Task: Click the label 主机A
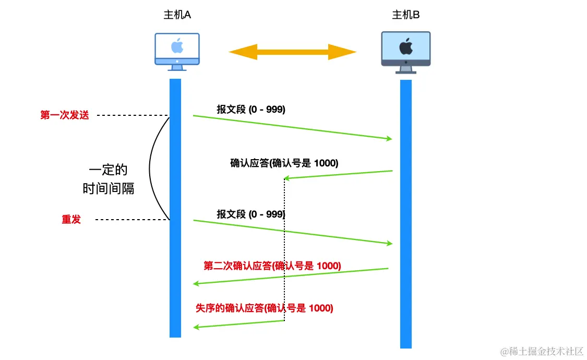pos(177,15)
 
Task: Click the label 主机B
pos(406,15)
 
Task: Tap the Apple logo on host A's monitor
pos(177,46)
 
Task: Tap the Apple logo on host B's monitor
pos(405,47)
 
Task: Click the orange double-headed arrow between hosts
pos(292,52)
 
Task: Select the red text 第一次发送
pos(65,115)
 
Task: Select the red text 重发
pos(71,220)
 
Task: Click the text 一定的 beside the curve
pos(108,171)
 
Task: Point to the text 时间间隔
pos(109,188)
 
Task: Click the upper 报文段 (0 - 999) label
pos(251,110)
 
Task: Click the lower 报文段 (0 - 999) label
pos(251,214)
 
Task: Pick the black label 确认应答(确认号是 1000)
pos(284,163)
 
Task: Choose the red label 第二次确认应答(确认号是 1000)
pos(272,266)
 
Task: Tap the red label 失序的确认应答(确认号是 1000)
pos(264,308)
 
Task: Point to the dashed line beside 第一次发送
pos(132,115)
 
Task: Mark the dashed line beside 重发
pos(132,220)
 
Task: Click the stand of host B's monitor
pos(405,69)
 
